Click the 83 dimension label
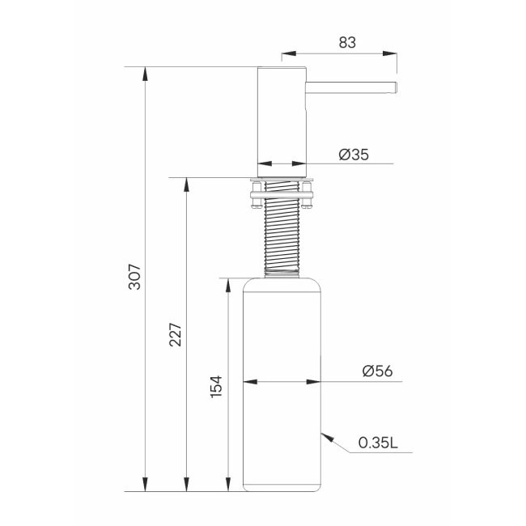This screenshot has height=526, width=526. tap(347, 43)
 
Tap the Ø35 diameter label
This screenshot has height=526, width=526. tap(354, 155)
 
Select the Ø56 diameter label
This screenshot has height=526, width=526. tap(377, 371)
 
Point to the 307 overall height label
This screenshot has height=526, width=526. tap(135, 277)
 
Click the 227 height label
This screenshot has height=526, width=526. tap(176, 335)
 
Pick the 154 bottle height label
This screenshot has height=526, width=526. tap(216, 387)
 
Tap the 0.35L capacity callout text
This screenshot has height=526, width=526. tap(378, 443)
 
